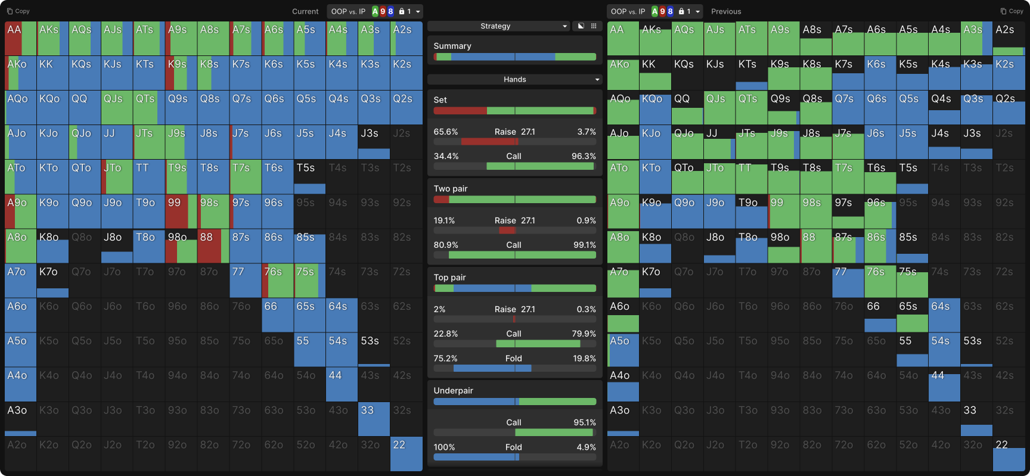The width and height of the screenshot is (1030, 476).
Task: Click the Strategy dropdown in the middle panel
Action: (x=498, y=26)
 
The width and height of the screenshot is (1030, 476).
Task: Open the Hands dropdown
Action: (x=514, y=79)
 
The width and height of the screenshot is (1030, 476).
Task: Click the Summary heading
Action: (x=452, y=46)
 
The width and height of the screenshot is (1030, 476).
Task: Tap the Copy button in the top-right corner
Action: (x=1012, y=11)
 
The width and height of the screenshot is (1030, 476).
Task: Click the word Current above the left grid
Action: (x=305, y=11)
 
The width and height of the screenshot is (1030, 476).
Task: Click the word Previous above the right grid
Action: (x=726, y=11)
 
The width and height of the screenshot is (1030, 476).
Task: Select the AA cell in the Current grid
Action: (x=20, y=39)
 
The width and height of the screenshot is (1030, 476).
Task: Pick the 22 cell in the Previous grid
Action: (x=1009, y=454)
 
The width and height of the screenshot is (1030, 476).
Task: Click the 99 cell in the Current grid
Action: (x=181, y=211)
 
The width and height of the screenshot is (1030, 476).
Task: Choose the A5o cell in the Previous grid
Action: (x=623, y=350)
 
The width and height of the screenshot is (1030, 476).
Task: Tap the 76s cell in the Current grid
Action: (x=277, y=281)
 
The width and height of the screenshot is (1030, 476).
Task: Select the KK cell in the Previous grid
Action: (x=655, y=73)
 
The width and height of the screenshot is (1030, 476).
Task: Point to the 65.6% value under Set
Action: (x=446, y=132)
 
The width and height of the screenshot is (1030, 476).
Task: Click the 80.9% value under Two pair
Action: (x=446, y=245)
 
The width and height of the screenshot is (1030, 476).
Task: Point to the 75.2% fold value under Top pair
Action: (x=445, y=359)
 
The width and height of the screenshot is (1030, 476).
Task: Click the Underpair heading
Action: (x=453, y=391)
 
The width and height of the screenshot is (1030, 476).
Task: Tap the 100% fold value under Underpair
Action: (x=444, y=447)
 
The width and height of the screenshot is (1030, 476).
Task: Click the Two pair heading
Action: (x=451, y=189)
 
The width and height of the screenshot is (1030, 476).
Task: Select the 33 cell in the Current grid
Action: (x=374, y=419)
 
